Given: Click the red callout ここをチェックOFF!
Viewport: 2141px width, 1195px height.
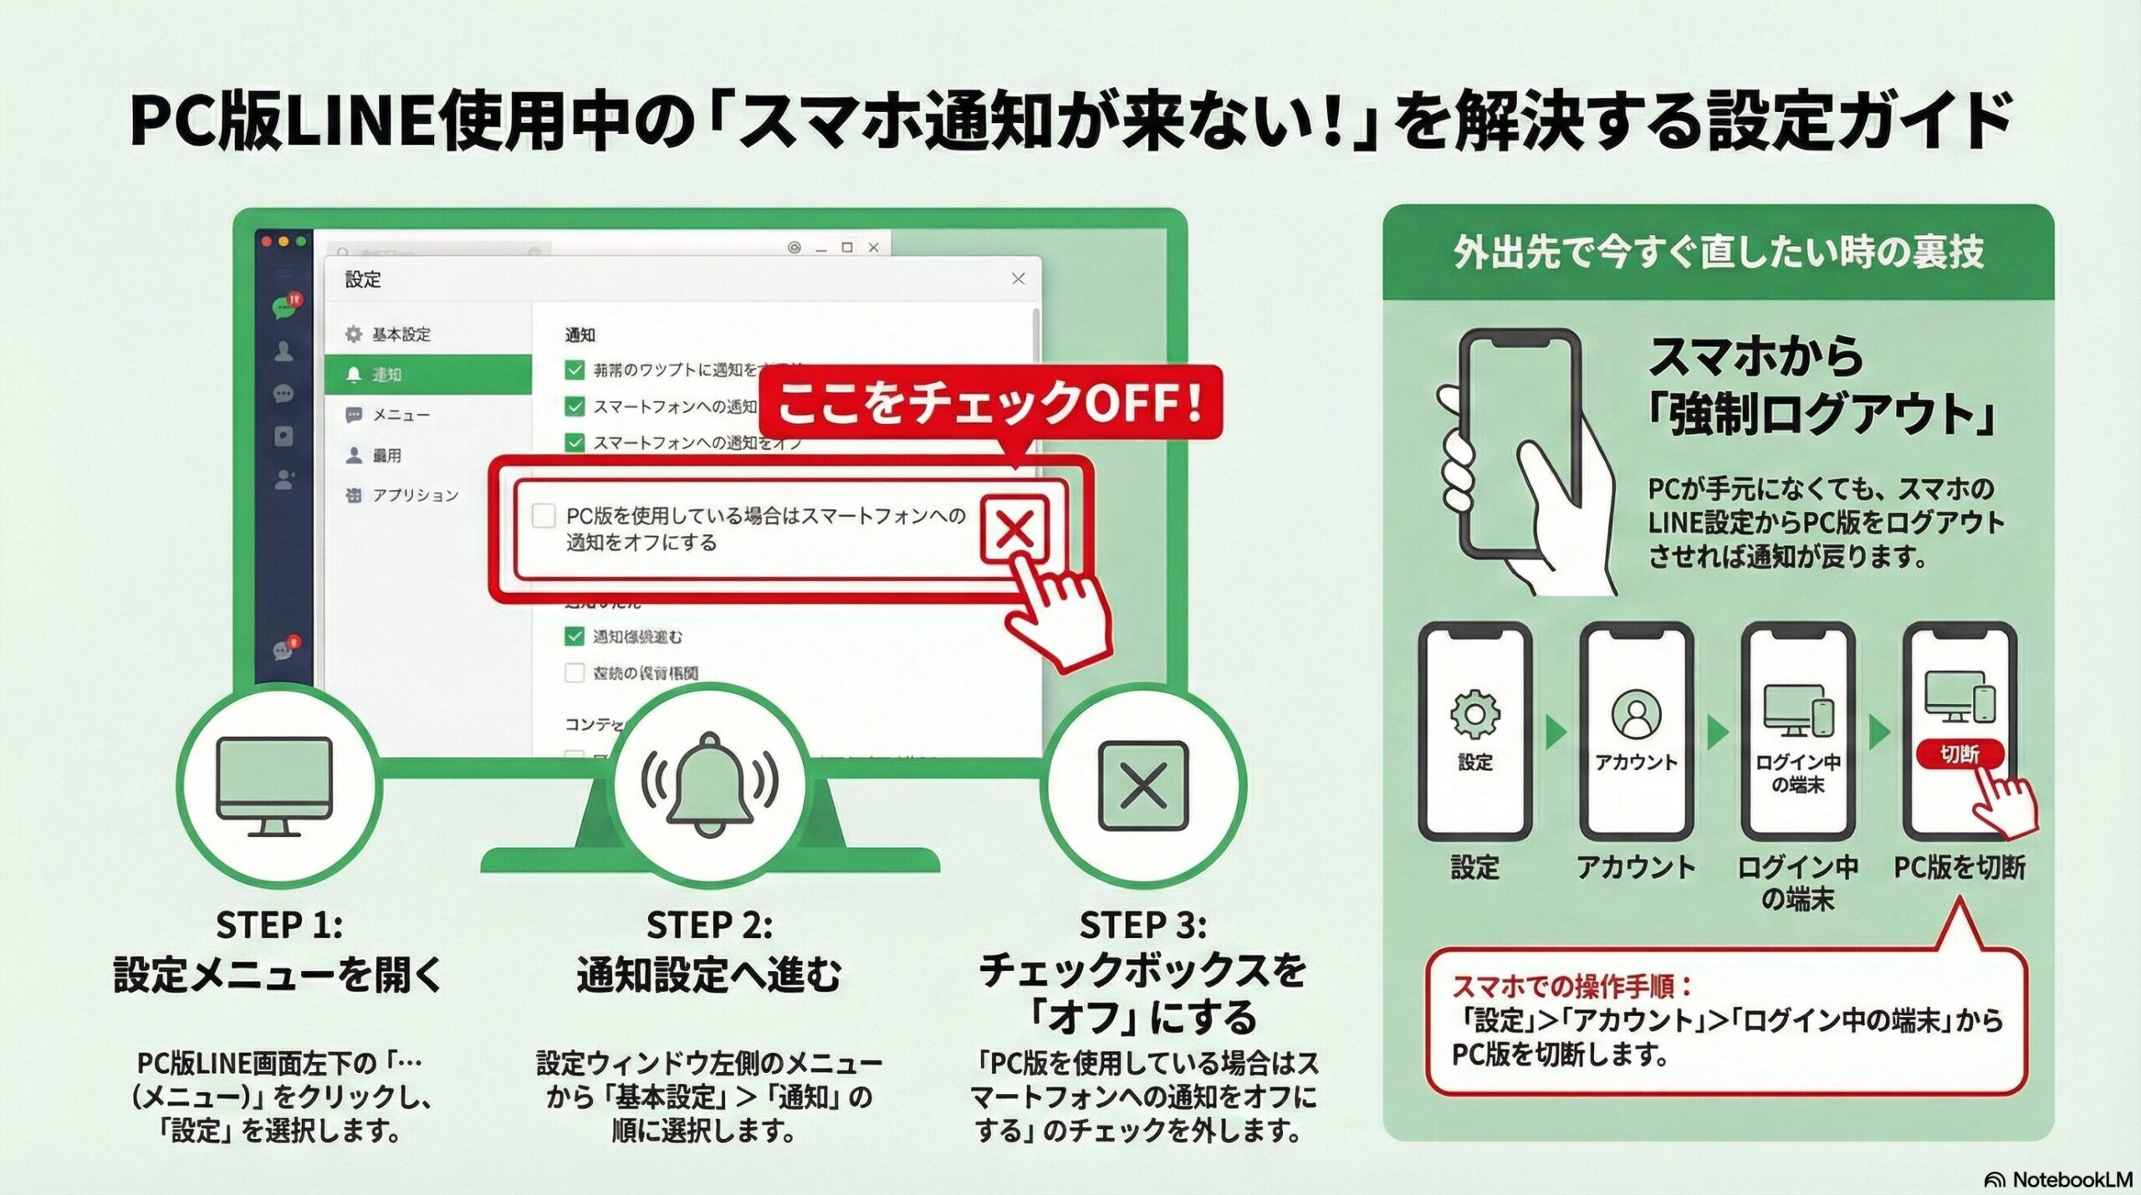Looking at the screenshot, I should point(990,402).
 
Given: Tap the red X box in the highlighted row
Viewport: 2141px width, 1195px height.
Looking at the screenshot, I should point(1014,529).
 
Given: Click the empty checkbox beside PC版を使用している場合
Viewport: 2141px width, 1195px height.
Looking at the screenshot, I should point(544,515).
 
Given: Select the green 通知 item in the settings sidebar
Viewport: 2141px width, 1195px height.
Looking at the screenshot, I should point(428,374).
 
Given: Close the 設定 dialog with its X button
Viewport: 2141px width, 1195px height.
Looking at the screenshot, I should point(1018,278).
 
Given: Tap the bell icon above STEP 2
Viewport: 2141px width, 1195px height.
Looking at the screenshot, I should point(709,784).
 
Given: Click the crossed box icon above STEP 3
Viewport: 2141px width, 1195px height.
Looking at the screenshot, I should point(1142,786).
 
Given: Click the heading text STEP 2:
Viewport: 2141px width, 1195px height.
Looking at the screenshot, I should point(709,925).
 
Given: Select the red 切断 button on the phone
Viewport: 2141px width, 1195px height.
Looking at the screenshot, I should point(1959,754).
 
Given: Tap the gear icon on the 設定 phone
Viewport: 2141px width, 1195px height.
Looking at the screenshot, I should point(1474,714).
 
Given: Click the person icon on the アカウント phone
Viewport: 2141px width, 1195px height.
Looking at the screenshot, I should point(1636,713).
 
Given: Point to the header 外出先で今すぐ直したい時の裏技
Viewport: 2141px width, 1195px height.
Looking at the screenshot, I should point(1718,252).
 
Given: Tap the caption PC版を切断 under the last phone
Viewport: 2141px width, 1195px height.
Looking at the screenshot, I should point(1959,868).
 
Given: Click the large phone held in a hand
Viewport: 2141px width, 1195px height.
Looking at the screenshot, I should point(1518,443).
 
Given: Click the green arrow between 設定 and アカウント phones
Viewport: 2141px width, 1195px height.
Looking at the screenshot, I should point(1556,733).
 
